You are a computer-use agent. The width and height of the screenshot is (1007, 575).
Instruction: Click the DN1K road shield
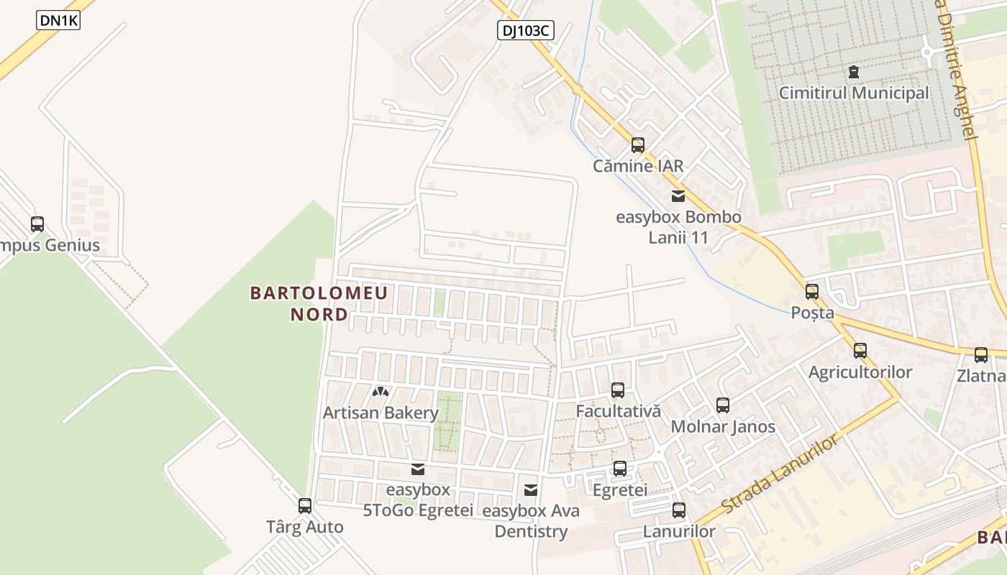click(x=58, y=21)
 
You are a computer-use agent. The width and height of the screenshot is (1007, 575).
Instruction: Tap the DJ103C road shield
click(x=525, y=30)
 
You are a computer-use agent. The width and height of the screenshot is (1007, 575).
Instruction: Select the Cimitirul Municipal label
click(x=854, y=93)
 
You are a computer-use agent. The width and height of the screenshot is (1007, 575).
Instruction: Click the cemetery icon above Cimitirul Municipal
click(x=854, y=72)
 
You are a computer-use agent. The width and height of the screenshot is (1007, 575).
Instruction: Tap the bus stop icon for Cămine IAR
click(x=637, y=145)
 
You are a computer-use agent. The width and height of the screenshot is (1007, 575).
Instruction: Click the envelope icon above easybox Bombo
click(x=678, y=195)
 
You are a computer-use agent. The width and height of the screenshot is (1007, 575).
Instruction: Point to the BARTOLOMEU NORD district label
click(x=319, y=303)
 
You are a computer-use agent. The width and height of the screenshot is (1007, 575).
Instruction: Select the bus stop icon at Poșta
click(x=812, y=292)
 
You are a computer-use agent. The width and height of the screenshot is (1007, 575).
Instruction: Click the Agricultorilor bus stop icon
click(x=860, y=351)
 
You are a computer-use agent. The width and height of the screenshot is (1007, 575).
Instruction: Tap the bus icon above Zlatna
click(x=980, y=354)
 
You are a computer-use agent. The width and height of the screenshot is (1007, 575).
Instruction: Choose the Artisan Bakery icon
click(x=380, y=392)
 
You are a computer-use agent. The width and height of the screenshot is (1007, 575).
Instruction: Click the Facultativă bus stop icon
click(x=617, y=390)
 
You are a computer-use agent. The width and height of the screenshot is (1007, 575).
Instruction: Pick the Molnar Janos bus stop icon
click(x=723, y=405)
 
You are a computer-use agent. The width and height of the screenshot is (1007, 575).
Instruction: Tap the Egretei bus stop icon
click(x=619, y=469)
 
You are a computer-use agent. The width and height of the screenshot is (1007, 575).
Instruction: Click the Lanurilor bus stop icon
click(x=678, y=510)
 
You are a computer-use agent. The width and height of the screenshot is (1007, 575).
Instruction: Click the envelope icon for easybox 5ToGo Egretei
click(x=417, y=469)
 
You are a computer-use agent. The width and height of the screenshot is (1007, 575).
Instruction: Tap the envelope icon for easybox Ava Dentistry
click(x=531, y=490)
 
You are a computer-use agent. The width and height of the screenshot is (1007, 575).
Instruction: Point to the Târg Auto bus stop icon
click(x=305, y=506)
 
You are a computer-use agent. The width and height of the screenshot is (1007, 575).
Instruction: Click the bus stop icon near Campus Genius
click(x=37, y=224)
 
